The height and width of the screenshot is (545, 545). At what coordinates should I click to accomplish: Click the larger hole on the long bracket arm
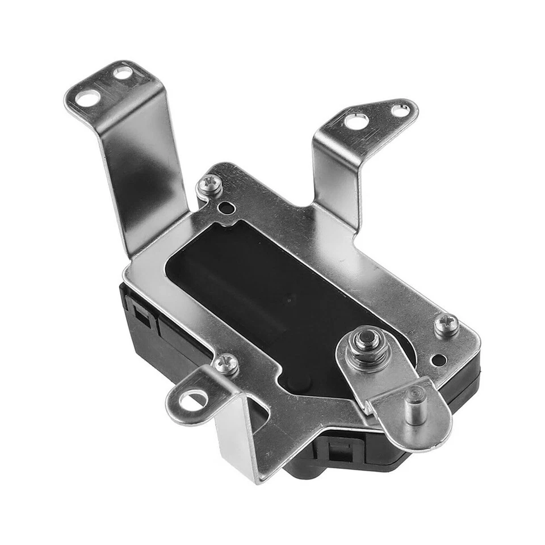tap(87, 98)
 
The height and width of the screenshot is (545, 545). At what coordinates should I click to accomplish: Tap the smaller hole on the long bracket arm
tap(122, 73)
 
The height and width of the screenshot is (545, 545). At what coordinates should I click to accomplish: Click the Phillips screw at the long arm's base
tap(211, 184)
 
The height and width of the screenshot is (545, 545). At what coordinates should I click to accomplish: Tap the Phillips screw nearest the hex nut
tap(447, 325)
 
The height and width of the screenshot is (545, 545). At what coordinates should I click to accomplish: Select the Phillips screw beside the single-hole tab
tap(227, 363)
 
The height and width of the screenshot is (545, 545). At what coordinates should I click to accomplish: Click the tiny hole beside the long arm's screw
tap(227, 208)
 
